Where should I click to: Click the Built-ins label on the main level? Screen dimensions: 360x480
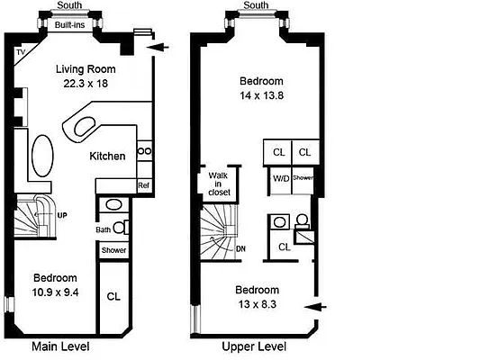point(69,25)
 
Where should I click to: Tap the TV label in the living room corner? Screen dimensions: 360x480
point(20,53)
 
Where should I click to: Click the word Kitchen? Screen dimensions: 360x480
point(107,156)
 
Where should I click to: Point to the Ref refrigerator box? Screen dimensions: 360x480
point(142,185)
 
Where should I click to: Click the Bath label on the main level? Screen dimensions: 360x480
point(103,229)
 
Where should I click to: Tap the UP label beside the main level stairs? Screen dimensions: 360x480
point(63,216)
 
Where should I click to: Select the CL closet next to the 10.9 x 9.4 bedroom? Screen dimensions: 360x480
point(113,296)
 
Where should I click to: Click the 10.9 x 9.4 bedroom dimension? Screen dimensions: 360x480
point(55,292)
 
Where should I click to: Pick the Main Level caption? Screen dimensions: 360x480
point(60,346)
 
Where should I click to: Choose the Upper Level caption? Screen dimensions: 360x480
point(256,346)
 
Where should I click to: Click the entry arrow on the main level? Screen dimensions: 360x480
point(156,48)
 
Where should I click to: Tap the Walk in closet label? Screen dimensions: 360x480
point(217,184)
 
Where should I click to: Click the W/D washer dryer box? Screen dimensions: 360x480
point(281,178)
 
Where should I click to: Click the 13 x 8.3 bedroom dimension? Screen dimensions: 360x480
point(257,304)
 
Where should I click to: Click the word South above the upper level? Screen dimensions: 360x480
point(256,5)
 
